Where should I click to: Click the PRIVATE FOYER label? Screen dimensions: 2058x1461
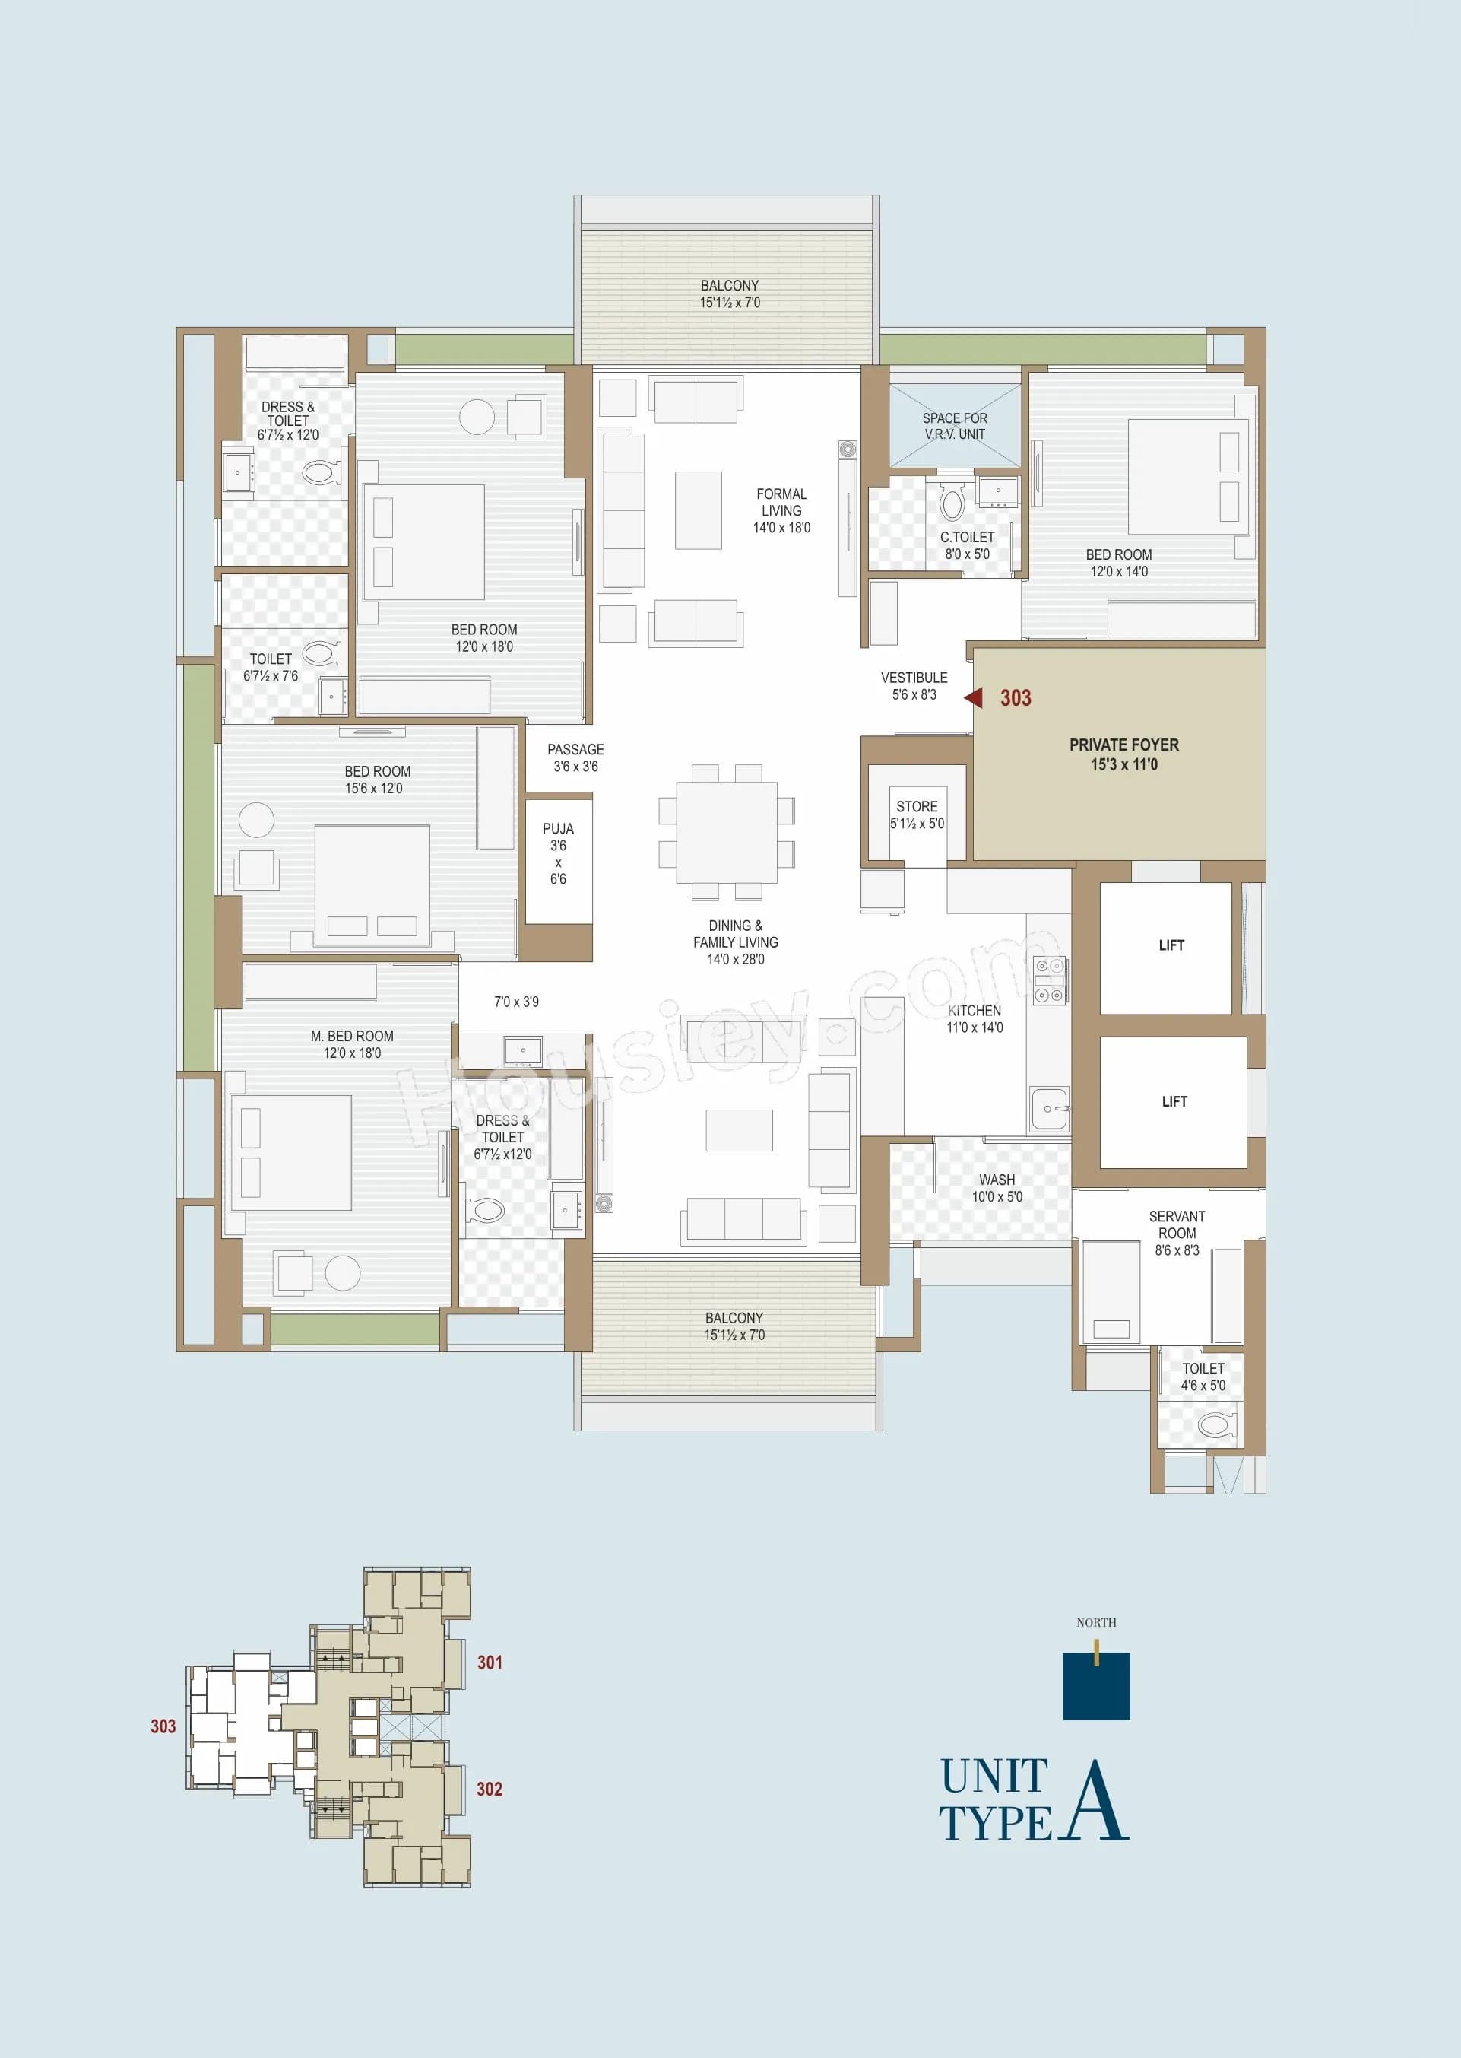[x=1123, y=745]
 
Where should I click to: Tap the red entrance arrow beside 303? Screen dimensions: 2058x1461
[x=974, y=697]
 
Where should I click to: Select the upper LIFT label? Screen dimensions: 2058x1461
[x=1171, y=945]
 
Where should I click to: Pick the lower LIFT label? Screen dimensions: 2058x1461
[x=1174, y=1101]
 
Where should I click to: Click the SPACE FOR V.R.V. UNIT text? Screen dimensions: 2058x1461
[x=955, y=426]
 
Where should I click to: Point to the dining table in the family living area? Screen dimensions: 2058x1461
[x=726, y=832]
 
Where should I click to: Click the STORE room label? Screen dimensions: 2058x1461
[x=917, y=806]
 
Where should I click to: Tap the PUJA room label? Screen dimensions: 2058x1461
[x=558, y=829]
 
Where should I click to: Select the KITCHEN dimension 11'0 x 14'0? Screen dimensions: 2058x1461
[x=975, y=1027]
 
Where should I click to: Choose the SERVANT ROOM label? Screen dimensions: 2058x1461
[x=1177, y=1224]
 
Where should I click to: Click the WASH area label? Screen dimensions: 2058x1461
[x=997, y=1180]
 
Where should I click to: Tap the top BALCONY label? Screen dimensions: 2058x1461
[x=730, y=285]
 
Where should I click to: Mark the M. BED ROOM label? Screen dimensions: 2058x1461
[x=352, y=1036]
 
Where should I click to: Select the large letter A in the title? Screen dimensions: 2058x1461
[x=1094, y=1802]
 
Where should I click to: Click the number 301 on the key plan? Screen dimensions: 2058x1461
[x=490, y=1662]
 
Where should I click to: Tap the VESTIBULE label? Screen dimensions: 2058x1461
[x=913, y=678]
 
